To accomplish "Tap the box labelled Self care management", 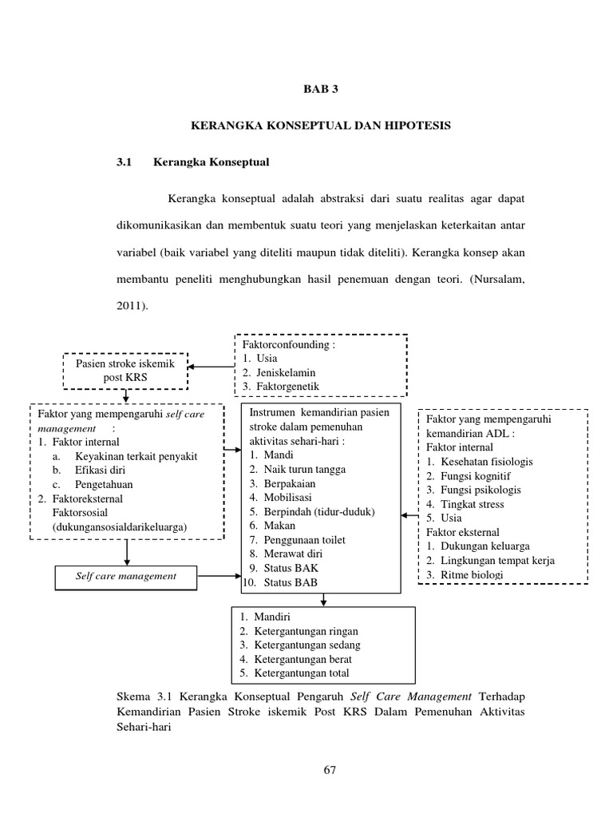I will pyautogui.click(x=126, y=576).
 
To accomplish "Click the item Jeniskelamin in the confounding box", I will pyautogui.click(x=285, y=372).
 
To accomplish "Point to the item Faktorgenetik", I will pyautogui.click(x=287, y=386).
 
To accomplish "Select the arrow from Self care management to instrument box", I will pyautogui.click(x=219, y=576).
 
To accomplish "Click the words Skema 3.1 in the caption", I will pyautogui.click(x=140, y=697).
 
